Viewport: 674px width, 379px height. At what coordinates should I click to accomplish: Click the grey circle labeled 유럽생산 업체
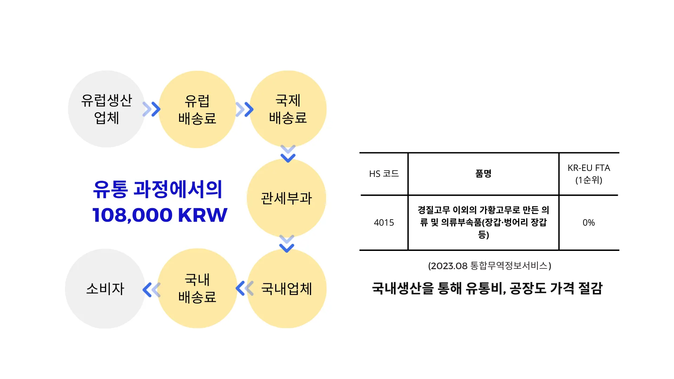106,109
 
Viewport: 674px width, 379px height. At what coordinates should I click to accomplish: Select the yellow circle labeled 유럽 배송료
197,109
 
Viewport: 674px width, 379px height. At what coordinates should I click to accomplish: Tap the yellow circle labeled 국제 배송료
288,109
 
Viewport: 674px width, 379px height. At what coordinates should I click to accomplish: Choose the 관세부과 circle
286,198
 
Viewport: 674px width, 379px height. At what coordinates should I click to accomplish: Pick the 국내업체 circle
287,288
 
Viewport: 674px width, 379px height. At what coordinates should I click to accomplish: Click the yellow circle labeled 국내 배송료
197,288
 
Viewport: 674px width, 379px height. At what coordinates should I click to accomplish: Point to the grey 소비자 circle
105,289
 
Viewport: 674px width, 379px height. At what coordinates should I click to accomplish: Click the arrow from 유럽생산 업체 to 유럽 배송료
151,109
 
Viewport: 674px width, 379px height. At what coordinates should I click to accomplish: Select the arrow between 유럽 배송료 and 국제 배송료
244,109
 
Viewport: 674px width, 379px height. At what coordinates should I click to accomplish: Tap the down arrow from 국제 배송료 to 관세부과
288,154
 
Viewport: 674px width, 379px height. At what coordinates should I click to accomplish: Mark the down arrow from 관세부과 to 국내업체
287,244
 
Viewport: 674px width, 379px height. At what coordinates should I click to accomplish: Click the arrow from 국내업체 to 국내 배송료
244,288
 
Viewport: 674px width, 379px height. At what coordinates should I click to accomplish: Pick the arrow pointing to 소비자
151,290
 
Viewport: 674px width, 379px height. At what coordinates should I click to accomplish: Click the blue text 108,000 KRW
160,215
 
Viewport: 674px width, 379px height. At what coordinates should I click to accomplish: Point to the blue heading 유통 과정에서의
158,189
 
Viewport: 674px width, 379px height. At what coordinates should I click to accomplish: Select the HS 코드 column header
384,174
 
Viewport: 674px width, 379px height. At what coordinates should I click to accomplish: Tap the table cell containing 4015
384,222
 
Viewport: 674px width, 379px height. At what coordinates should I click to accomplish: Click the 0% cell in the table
589,222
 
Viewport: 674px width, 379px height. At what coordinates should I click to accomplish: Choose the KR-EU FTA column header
589,174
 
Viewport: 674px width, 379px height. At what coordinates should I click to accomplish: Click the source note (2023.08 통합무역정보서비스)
489,266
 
